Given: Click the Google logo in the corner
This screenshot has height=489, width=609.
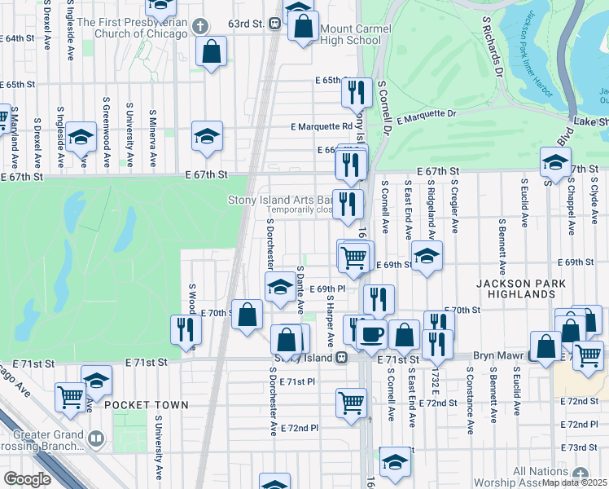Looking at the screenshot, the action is [x=27, y=479].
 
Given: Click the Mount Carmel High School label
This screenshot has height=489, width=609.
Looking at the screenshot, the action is [x=356, y=34].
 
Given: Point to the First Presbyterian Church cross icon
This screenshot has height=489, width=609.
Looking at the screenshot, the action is [x=199, y=27].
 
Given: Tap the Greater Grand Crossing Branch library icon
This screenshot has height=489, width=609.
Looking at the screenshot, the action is [x=96, y=440].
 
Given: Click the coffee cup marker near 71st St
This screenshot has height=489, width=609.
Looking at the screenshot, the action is [x=373, y=333].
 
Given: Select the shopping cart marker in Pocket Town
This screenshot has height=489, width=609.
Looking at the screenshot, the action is [x=71, y=396].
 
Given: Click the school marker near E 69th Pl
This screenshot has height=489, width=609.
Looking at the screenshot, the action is [x=279, y=286].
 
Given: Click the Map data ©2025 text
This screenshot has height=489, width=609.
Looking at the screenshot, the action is [x=575, y=482].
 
